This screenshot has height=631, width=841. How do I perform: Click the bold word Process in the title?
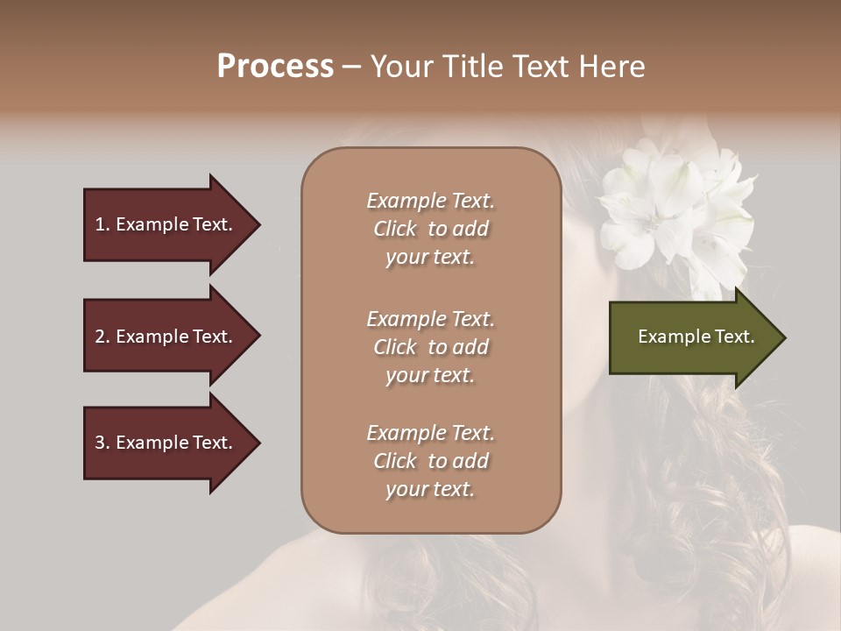point(275,67)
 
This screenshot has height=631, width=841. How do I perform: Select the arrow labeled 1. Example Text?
point(166,224)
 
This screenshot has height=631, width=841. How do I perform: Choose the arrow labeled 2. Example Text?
point(166,337)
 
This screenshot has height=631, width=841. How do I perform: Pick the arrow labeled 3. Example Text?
point(166,443)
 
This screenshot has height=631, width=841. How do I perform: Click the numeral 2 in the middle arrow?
point(100,337)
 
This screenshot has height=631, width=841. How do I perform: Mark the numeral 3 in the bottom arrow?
point(100,443)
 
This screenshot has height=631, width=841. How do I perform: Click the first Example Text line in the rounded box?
point(430,201)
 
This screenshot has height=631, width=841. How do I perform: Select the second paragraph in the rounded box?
point(430,347)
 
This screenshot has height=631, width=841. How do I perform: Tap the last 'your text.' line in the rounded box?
point(430,489)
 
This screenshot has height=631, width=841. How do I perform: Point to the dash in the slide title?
point(351,67)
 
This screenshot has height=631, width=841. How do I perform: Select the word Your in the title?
point(402,67)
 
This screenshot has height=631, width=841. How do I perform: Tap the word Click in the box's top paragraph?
point(395,229)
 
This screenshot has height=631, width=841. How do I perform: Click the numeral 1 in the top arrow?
point(99,224)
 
